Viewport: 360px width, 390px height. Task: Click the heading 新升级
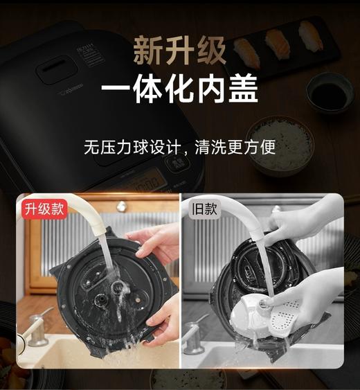(x=179, y=51)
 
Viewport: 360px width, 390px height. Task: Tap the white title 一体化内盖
(x=179, y=89)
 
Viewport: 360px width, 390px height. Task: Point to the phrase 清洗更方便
(x=235, y=148)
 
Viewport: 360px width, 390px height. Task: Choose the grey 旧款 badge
(x=202, y=209)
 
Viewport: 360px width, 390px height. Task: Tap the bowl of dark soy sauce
(x=330, y=93)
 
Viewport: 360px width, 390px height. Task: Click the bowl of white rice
(x=280, y=142)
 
